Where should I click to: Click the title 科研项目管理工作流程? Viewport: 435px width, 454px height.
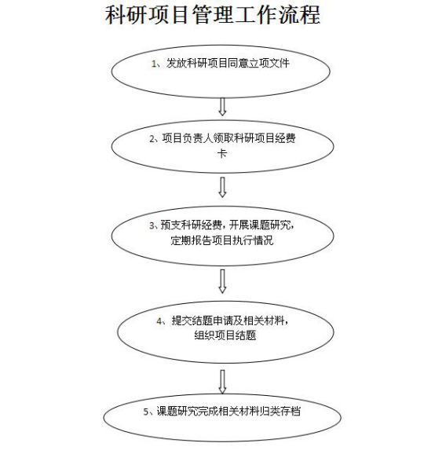[213, 14]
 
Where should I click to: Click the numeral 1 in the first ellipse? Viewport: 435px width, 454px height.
[154, 64]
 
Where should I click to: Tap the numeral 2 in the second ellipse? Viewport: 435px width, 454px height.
[152, 139]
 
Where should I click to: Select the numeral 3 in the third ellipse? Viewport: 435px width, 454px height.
[152, 225]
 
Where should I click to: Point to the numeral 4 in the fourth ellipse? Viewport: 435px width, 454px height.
[159, 321]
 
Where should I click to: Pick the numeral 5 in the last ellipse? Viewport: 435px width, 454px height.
[146, 412]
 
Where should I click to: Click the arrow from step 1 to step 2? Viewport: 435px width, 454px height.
[222, 107]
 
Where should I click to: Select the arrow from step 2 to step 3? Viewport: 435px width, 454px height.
[222, 187]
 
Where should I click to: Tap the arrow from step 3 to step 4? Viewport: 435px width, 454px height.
[222, 281]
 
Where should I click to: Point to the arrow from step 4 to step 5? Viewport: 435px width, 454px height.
[222, 382]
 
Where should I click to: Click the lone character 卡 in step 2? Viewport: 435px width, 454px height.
[222, 153]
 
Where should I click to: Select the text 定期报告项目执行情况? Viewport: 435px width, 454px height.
[222, 240]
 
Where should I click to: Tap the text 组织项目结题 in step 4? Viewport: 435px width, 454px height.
[225, 335]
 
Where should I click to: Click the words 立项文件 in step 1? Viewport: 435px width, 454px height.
[269, 64]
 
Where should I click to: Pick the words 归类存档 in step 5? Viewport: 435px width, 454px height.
[280, 412]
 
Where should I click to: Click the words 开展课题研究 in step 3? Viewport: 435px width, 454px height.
[260, 225]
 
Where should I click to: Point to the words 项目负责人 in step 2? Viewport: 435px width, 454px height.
[187, 138]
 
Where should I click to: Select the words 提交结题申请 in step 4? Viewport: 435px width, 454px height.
[203, 320]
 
